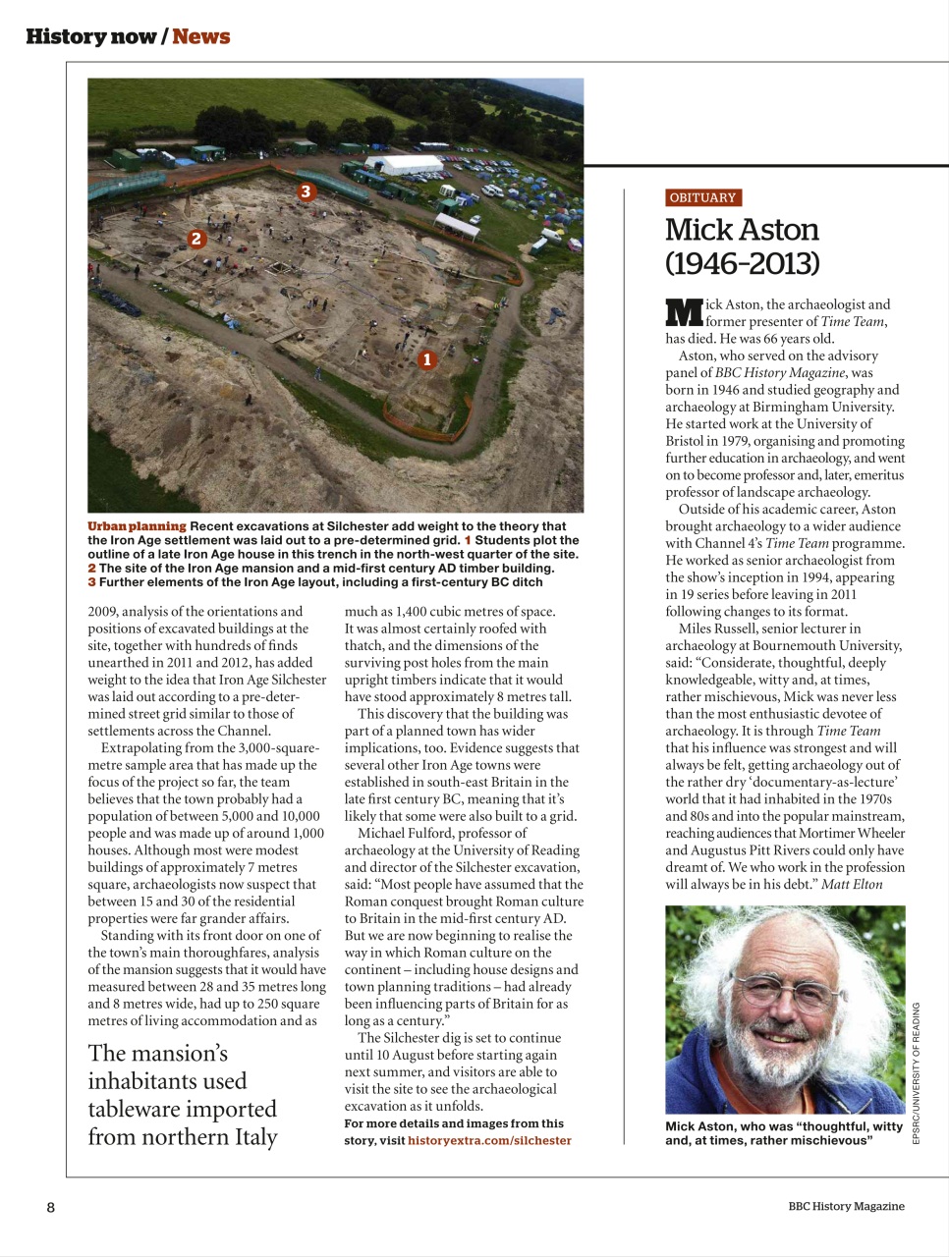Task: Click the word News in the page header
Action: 201,36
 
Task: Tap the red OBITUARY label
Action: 702,197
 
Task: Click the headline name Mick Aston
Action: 742,230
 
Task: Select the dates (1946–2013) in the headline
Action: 742,263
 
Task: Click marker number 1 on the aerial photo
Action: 426,359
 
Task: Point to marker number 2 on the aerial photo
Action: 196,239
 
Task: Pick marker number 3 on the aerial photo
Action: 306,191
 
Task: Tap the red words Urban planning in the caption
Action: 137,526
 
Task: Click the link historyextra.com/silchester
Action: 489,1140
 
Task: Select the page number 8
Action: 51,1207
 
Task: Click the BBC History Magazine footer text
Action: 846,1206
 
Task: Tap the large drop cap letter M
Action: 684,312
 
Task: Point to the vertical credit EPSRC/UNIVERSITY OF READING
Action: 916,1072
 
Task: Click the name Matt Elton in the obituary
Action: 852,884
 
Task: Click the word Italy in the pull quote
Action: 254,1137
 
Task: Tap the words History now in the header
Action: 89,36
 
